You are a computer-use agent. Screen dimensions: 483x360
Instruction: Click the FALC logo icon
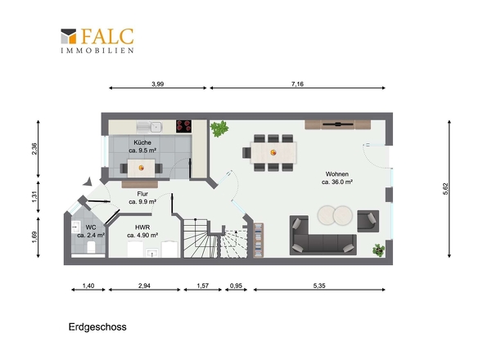pos(69,36)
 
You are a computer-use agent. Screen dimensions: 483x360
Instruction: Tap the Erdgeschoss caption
pos(97,327)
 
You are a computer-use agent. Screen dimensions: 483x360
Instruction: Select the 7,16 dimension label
pos(297,83)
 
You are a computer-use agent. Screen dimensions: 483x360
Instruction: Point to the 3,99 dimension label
pos(158,83)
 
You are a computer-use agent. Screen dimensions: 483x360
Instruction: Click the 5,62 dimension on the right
pos(445,189)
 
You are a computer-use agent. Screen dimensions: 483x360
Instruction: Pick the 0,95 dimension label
pos(236,286)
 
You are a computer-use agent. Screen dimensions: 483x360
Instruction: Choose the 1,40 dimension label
pos(88,286)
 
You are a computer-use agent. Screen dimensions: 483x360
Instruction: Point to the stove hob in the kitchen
pos(183,126)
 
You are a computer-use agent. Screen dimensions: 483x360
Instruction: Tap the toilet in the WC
pos(91,247)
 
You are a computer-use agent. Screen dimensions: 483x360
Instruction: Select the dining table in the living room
pos(273,152)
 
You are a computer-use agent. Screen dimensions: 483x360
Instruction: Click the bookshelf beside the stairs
pos(258,240)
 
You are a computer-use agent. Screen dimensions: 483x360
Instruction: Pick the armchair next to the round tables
pos(368,221)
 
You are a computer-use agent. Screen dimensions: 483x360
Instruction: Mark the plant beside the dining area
pos(219,128)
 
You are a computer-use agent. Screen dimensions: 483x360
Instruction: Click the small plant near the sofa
pos(378,250)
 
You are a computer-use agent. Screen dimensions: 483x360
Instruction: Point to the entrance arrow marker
pos(88,182)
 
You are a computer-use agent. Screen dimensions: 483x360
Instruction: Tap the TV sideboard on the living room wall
pos(337,124)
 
